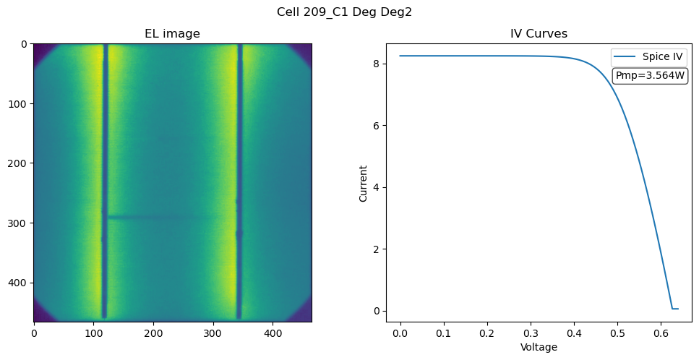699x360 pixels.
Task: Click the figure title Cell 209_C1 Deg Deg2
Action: point(344,12)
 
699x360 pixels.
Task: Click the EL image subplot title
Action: point(173,33)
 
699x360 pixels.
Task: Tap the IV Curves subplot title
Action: point(539,33)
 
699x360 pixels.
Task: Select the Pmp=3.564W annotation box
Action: point(650,75)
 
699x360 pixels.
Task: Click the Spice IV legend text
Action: point(662,56)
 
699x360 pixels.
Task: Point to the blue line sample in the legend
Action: point(625,56)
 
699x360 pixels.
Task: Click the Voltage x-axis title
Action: point(539,347)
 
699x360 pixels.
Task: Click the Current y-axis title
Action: point(364,184)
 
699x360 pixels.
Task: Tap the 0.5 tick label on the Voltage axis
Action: point(618,333)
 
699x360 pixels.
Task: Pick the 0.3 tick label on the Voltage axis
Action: point(531,333)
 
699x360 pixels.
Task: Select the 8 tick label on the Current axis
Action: point(377,64)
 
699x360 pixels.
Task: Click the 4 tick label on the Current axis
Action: point(377,187)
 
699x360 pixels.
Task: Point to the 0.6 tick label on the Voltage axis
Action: point(661,333)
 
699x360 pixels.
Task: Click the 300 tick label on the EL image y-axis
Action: point(17,223)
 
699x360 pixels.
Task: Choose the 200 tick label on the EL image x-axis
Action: point(153,333)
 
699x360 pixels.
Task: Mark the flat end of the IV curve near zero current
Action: point(675,309)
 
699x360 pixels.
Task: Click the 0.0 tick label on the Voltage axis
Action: point(400,333)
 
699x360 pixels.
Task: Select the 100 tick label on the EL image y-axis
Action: point(17,104)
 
